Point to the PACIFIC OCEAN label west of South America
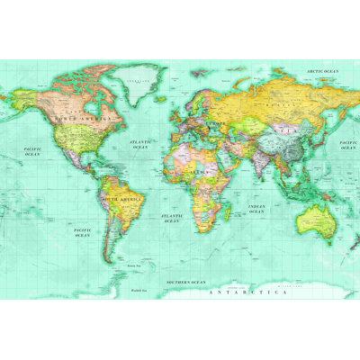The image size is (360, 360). point(82,231)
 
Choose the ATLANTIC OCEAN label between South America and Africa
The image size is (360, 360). point(171,218)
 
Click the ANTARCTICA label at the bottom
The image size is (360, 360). point(247,292)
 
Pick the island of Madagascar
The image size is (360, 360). point(229,215)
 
